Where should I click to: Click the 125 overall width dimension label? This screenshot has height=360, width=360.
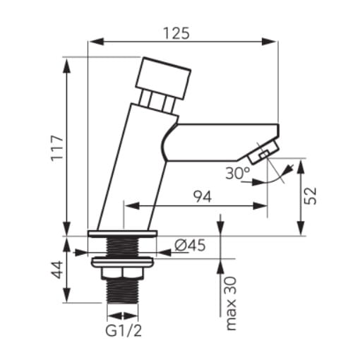[176, 33]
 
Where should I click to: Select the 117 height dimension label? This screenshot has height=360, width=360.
[58, 148]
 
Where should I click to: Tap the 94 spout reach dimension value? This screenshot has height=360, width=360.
[202, 196]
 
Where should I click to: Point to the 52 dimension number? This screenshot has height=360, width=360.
[311, 196]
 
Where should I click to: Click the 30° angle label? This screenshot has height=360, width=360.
[238, 173]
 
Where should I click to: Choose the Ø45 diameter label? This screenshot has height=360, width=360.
[190, 246]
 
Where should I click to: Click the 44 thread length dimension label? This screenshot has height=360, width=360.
[58, 270]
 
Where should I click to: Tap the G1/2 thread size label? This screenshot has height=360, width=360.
[124, 330]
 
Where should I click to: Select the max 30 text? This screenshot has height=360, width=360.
[231, 304]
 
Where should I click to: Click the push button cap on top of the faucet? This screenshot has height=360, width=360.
[163, 78]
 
